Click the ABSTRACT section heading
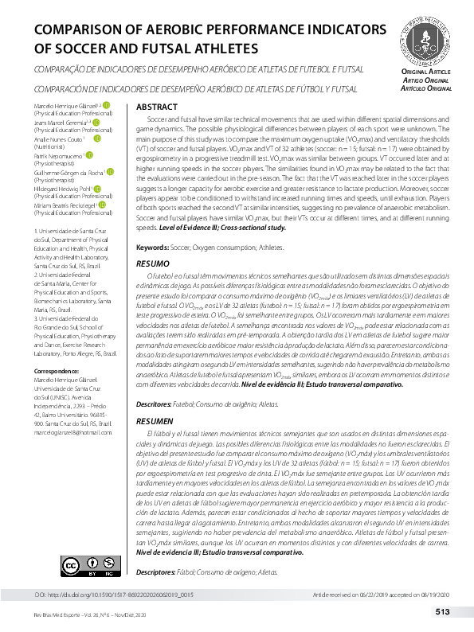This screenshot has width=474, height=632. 156,107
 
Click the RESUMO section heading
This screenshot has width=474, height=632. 153,263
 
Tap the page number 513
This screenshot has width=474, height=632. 443,612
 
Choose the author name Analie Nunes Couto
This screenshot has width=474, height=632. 58,140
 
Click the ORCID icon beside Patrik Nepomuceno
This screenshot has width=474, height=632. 90,157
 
